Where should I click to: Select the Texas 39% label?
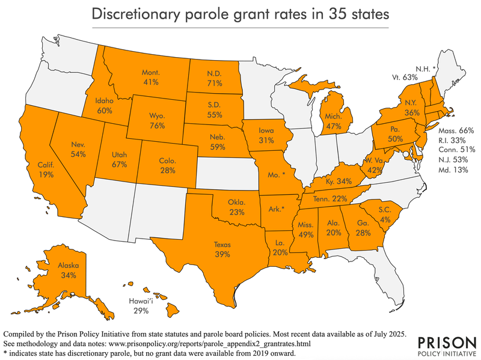coord(222,249)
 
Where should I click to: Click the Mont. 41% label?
coord(150,77)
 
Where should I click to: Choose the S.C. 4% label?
coord(385,215)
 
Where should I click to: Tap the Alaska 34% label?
coord(67,270)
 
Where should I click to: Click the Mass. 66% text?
coord(456,130)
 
